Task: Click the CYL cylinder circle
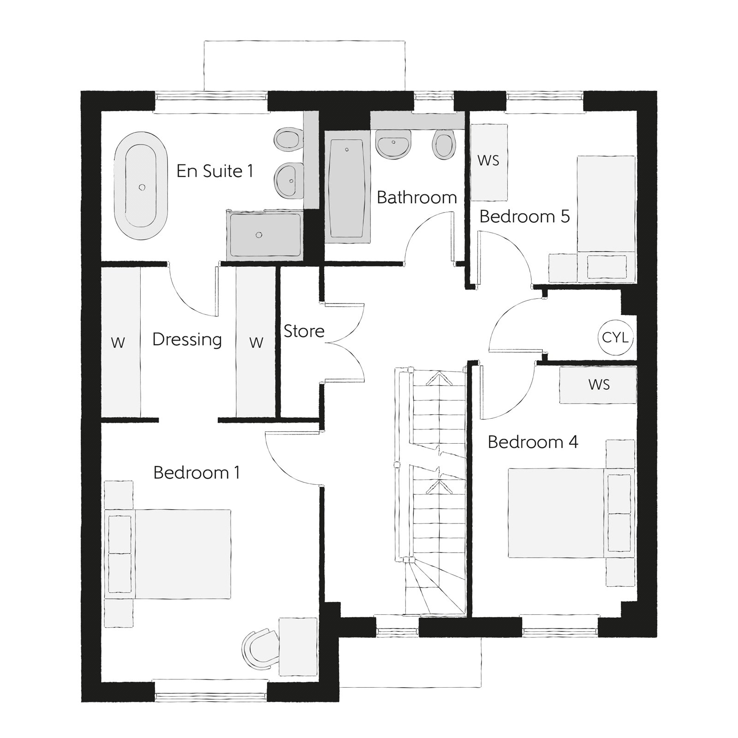pos(615,338)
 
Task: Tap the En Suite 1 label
pos(215,171)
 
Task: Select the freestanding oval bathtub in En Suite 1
pos(142,186)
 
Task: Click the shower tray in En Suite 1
pos(264,234)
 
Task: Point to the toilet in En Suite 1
pos(288,138)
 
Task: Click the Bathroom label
pos(417,197)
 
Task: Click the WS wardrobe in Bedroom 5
pos(488,162)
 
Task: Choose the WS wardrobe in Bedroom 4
pos(598,384)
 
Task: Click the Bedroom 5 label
pos(524,216)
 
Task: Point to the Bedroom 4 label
pos(533,442)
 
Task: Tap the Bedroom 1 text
pos(196,473)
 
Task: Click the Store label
pos(304,331)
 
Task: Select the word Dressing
pos(187,340)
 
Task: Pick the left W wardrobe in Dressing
pos(120,342)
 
